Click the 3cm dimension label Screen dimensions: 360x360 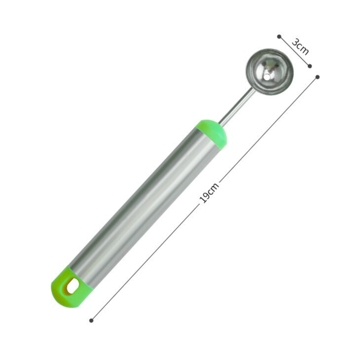(300, 47)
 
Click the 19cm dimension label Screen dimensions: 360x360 (209, 193)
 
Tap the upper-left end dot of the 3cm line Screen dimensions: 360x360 (279, 36)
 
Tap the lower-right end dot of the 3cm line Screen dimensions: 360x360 (310, 66)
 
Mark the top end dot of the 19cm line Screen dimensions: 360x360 (317, 77)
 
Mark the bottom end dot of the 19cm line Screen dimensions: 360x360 (91, 320)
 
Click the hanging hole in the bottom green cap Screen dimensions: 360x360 (73, 286)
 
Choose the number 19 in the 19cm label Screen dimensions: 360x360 (204, 198)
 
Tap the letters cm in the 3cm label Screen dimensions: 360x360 (303, 49)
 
